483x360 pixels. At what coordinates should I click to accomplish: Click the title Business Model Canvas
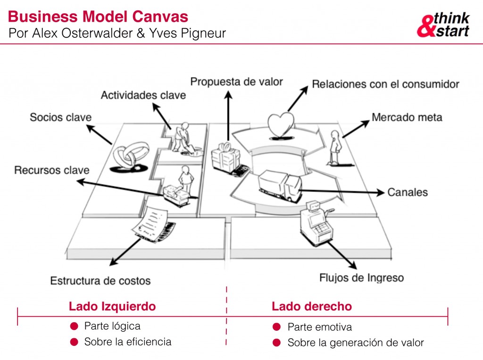click(98, 17)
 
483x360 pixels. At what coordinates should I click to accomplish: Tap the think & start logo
click(443, 25)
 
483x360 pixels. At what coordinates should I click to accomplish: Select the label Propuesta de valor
click(236, 82)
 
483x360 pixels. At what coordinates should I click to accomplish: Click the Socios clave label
click(60, 117)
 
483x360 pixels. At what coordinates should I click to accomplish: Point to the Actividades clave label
click(143, 95)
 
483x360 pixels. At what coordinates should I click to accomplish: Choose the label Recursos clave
click(51, 170)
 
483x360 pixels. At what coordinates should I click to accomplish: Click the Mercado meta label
click(407, 117)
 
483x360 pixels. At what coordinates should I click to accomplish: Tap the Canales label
click(408, 192)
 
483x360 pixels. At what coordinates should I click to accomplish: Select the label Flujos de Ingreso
click(361, 277)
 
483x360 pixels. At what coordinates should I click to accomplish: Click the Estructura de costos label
click(100, 281)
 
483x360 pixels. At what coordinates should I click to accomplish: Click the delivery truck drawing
click(279, 183)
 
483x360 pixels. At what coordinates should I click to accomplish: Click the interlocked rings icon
click(127, 156)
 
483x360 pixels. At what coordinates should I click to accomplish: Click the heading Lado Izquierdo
click(112, 306)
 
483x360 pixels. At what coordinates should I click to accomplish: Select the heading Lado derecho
click(312, 306)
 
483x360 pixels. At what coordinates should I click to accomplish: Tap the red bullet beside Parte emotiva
click(277, 327)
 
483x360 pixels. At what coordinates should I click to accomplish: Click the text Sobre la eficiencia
click(127, 342)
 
